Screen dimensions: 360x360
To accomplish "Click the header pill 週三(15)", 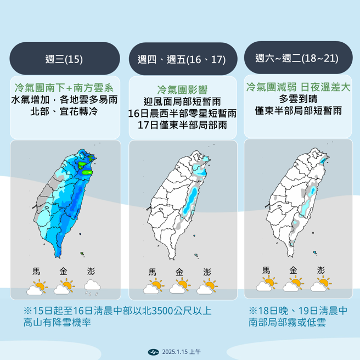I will click(x=64, y=59).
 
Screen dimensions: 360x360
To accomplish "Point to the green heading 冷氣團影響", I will click(x=181, y=89).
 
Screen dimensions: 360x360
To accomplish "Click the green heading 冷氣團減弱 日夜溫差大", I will click(x=299, y=87).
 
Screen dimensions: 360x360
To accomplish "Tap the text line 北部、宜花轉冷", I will click(x=64, y=112).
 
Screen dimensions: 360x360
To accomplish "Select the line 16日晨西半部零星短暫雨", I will click(x=181, y=113).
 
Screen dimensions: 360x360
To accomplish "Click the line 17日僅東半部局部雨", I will click(x=181, y=125).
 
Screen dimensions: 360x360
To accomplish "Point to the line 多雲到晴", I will click(x=299, y=99).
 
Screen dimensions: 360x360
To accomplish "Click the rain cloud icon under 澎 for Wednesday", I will click(x=91, y=286).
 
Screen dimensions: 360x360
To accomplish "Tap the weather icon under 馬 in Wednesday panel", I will click(x=37, y=286).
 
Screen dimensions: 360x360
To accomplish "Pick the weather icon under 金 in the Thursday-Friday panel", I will click(x=180, y=286).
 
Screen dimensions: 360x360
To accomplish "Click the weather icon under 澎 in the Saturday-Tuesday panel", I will click(x=320, y=285).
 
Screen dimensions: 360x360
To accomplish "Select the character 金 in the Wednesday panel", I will click(x=64, y=271).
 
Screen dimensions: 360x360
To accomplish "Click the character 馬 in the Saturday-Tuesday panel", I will click(x=266, y=270).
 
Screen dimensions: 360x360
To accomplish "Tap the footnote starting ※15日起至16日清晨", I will click(x=117, y=317).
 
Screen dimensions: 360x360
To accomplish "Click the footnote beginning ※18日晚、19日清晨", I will click(x=297, y=316).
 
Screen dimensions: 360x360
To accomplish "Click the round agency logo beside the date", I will click(x=155, y=351).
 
